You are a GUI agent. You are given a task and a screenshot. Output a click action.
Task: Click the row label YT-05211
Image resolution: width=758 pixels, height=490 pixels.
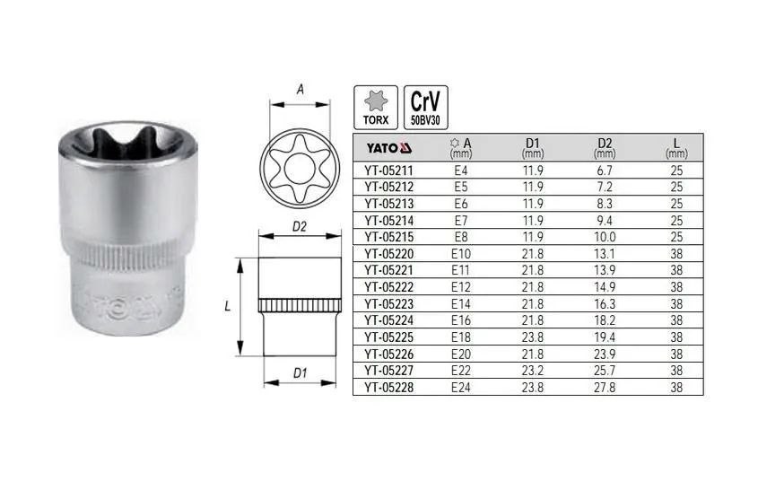[388, 170]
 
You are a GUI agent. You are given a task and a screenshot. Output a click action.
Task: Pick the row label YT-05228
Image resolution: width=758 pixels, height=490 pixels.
[388, 387]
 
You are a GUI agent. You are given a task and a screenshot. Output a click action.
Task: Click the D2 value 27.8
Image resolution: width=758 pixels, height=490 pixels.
[603, 387]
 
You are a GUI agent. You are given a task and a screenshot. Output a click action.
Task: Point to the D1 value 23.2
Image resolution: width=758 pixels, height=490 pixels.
[533, 370]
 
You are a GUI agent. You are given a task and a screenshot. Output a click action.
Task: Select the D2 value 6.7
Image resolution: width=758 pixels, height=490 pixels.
[603, 170]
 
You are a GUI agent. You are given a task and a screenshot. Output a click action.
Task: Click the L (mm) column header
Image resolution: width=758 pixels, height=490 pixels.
[676, 146]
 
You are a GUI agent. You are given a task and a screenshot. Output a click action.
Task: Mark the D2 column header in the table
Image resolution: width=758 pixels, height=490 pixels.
[603, 146]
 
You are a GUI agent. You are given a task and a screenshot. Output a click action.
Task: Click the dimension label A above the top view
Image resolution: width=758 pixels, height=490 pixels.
[300, 90]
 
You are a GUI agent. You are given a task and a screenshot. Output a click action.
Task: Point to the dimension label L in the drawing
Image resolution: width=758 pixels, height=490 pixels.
[228, 306]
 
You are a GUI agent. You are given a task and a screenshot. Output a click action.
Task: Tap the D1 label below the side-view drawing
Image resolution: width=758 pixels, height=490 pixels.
[300, 372]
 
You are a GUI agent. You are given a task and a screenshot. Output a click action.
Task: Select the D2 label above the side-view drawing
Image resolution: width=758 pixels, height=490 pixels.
[300, 228]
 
